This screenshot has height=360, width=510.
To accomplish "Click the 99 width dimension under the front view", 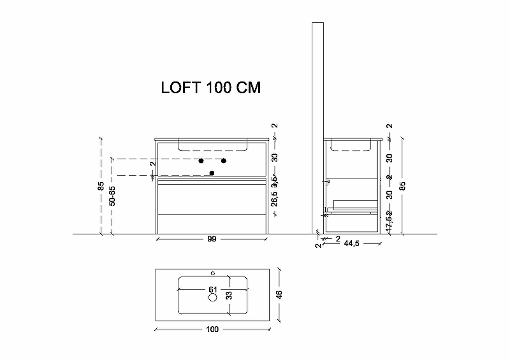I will tap(212, 239).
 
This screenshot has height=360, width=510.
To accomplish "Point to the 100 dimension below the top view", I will tap(212, 329).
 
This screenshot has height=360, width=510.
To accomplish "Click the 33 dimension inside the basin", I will tap(229, 295).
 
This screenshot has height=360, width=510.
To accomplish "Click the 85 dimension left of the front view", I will tap(101, 187).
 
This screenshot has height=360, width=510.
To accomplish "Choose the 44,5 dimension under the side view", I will tap(352, 243).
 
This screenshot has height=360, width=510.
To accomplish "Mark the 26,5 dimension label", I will tap(274, 198).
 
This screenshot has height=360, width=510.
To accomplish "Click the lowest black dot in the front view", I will tap(212, 172).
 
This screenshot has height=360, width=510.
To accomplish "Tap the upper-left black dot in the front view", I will tap(201, 160).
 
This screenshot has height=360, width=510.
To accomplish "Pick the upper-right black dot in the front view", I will tap(224, 160).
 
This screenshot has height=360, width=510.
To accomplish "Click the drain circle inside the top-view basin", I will tap(213, 298).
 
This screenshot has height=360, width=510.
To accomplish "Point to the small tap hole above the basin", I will tap(213, 274).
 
